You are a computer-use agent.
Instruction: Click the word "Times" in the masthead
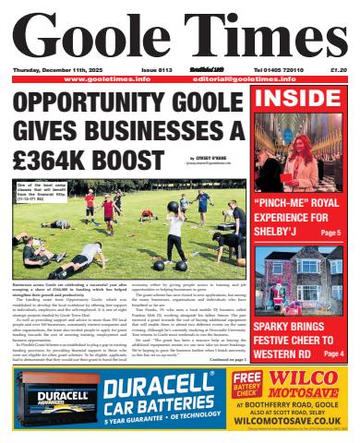click(x=264, y=36)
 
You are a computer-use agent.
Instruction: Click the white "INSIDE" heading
click(x=301, y=99)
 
